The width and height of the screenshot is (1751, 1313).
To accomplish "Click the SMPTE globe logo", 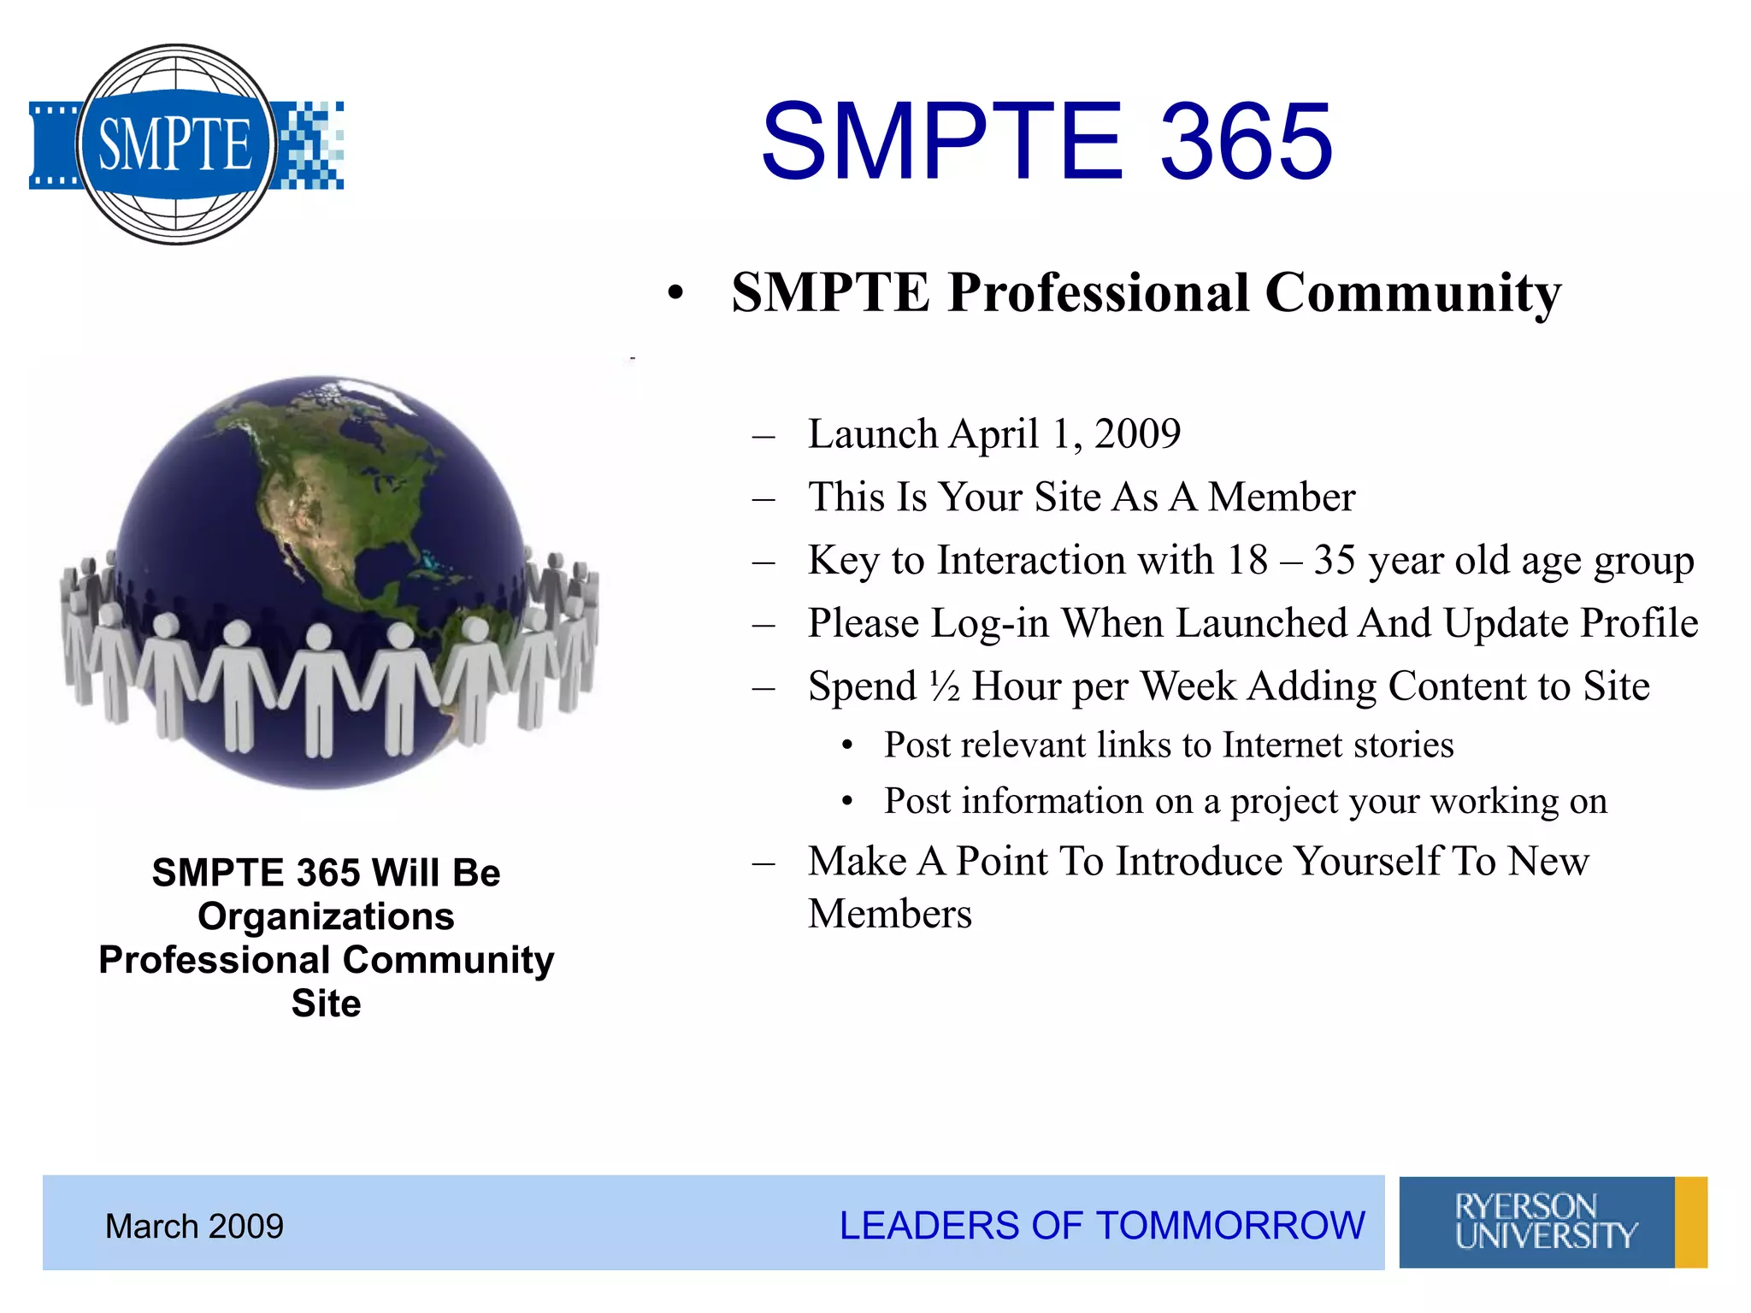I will click(x=177, y=144).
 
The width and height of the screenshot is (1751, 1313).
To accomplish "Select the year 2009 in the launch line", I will click(x=1137, y=434).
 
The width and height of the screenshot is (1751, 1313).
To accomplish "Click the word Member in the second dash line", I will click(x=1281, y=498).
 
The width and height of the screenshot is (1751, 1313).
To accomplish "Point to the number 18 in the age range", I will click(x=1247, y=561).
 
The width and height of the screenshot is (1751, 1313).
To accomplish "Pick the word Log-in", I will click(x=990, y=623).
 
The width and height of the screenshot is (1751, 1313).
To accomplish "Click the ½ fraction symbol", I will click(x=944, y=686).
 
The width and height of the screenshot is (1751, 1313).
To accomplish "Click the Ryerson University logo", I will click(x=1536, y=1222).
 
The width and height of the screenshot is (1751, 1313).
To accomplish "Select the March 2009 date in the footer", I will click(x=194, y=1227).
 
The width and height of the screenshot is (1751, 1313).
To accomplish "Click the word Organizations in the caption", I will click(x=326, y=916).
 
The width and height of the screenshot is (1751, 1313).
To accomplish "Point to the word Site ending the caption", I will click(x=326, y=1004).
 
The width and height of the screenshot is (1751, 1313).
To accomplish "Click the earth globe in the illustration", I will click(x=321, y=513).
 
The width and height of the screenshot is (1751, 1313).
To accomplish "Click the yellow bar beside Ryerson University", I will click(x=1690, y=1222).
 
